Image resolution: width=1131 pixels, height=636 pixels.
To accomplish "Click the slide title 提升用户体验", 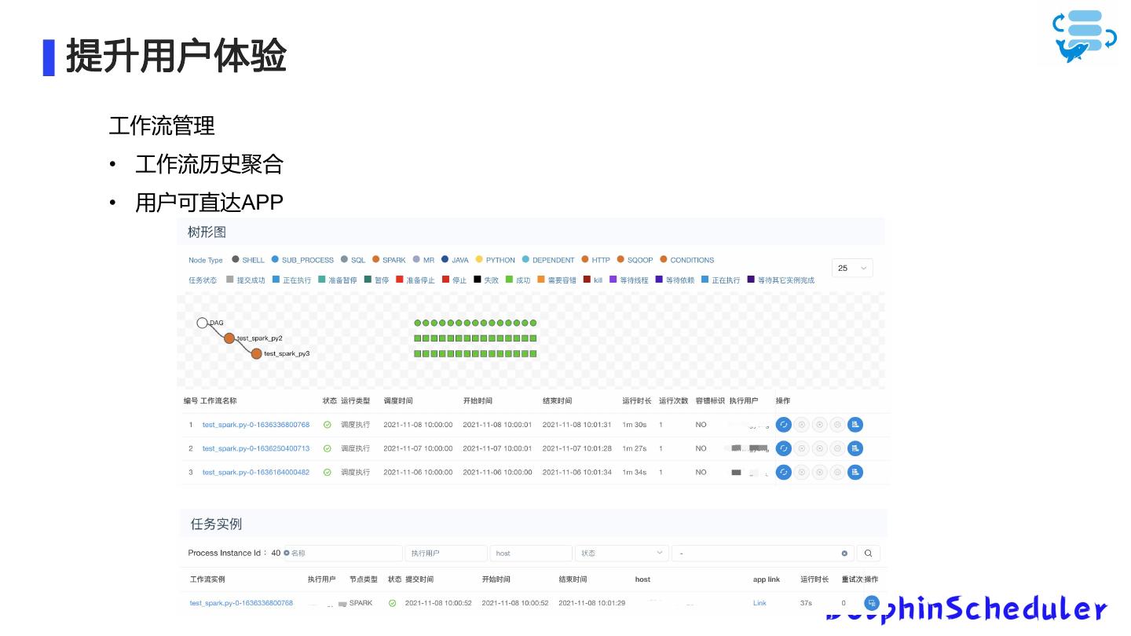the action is coord(176,57).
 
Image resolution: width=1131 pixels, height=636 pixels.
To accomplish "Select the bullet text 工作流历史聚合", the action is coord(209,164).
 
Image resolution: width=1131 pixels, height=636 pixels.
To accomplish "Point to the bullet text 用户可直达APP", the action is coord(209,202).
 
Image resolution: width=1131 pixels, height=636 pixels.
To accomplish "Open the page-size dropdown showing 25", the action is coord(852,268).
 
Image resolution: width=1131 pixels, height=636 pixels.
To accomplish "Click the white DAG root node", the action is coord(202,323).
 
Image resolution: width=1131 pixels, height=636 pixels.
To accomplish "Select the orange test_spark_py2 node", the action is coord(229,338).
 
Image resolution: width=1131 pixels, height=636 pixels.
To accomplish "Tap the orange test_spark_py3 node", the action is coord(256,353).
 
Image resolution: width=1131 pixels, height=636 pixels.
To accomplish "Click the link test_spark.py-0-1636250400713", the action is coord(256,448).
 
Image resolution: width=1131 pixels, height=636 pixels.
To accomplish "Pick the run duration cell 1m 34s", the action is coord(634,472).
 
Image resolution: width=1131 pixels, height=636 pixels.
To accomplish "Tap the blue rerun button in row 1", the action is coord(783,425).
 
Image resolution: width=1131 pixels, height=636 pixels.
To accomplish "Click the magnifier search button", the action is coord(868,554).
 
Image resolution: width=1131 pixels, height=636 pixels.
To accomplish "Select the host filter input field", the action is coord(531,554).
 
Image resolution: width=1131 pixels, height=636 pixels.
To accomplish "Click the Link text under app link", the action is coord(759,603).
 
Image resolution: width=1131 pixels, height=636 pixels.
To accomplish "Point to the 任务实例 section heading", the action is coord(216,524).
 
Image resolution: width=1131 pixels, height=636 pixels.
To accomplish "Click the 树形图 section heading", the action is coord(207,232).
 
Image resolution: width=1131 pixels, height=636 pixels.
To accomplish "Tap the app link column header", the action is coord(766,579).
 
